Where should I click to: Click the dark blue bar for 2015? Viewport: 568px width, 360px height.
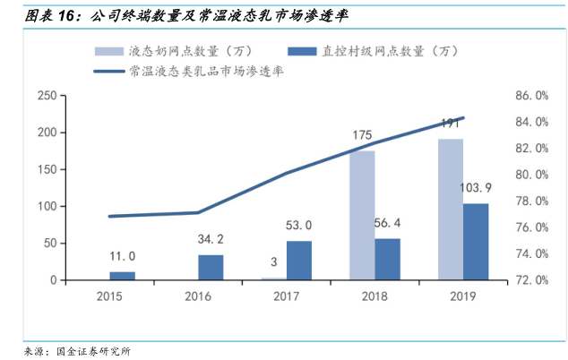pyautogui.click(x=123, y=276)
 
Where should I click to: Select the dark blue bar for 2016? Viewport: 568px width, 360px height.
pyautogui.click(x=211, y=268)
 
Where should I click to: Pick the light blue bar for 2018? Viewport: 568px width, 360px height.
pyautogui.click(x=362, y=215)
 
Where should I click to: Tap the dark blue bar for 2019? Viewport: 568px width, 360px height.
pyautogui.click(x=476, y=242)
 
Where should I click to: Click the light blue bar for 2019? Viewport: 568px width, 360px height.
pyautogui.click(x=450, y=210)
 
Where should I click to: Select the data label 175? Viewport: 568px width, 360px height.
pyautogui.click(x=362, y=136)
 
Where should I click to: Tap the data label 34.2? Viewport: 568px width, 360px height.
pyautogui.click(x=211, y=240)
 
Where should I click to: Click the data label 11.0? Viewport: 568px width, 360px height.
pyautogui.click(x=123, y=257)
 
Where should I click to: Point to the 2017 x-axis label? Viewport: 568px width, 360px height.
pyautogui.click(x=287, y=295)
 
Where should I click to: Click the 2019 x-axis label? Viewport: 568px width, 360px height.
pyautogui.click(x=462, y=295)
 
